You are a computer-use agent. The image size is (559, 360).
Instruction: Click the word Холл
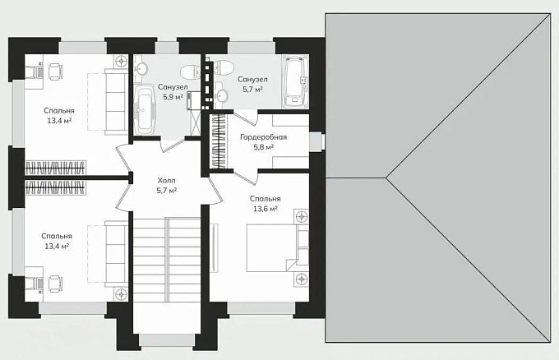(x=167, y=181)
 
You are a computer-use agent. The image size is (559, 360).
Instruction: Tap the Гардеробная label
(x=263, y=137)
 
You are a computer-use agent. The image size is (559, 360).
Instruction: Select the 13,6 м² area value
(x=266, y=209)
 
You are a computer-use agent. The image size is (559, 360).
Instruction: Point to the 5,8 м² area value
(x=263, y=147)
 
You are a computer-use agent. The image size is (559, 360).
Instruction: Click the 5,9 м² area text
(x=173, y=97)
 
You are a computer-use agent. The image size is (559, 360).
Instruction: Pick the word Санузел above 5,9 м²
(x=173, y=87)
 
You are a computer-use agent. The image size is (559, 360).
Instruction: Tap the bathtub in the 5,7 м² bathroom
(x=294, y=81)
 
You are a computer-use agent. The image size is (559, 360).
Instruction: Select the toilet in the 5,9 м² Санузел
(x=190, y=72)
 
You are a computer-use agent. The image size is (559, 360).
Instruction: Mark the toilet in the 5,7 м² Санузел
(x=224, y=67)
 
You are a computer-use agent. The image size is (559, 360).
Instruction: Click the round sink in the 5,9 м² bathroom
(x=142, y=67)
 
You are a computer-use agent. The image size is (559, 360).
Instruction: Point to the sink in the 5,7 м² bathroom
(x=222, y=94)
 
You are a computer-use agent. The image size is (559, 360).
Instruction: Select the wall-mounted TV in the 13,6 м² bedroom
(x=214, y=247)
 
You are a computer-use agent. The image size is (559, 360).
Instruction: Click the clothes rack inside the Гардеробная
(x=219, y=141)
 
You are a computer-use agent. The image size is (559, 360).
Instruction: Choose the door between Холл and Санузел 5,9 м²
(x=172, y=145)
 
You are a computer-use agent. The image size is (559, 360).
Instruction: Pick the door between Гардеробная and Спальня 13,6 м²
(x=246, y=175)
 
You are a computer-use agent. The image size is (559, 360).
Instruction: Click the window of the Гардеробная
(x=316, y=142)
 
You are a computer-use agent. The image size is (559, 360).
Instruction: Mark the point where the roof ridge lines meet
(x=386, y=178)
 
